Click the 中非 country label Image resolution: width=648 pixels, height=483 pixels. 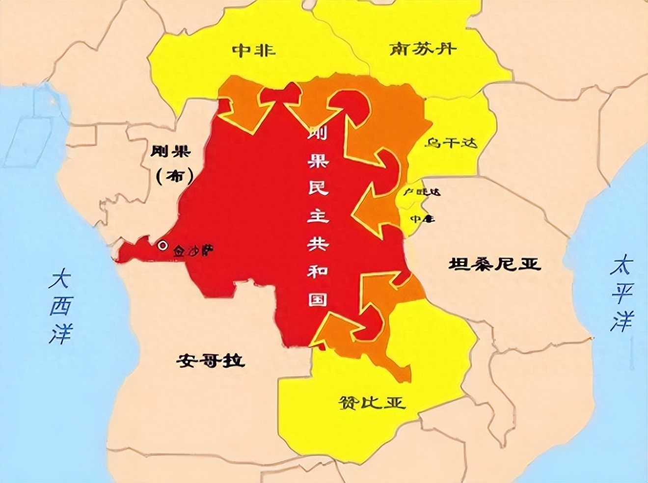[253, 51]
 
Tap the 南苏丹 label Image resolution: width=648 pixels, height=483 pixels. [423, 49]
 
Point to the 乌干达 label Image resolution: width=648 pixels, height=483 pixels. [451, 143]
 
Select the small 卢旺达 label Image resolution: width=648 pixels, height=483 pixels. [421, 192]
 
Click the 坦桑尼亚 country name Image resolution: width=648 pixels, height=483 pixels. [494, 265]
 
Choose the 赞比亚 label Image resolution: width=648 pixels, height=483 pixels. [373, 403]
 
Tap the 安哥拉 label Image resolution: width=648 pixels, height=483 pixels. [211, 362]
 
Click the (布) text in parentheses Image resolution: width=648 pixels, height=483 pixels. [174, 176]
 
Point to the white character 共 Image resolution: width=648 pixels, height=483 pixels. [317, 244]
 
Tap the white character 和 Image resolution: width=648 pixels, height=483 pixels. [317, 271]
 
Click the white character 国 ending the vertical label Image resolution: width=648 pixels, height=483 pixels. [317, 299]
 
